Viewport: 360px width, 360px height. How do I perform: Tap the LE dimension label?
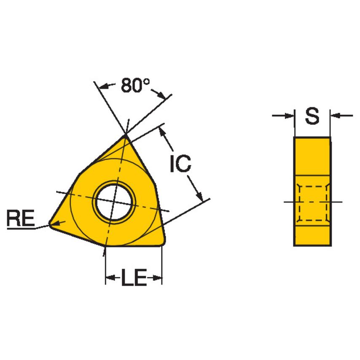click(x=134, y=279)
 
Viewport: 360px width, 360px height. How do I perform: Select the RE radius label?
click(x=20, y=220)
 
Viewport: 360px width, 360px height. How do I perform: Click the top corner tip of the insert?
click(x=125, y=135)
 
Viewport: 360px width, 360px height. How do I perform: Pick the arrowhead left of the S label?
click(x=289, y=115)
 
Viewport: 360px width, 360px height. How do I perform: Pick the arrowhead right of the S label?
click(x=335, y=115)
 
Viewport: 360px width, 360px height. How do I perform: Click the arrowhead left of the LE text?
click(x=110, y=278)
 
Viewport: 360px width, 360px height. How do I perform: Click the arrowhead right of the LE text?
click(x=158, y=278)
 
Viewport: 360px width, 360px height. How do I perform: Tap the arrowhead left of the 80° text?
click(x=104, y=87)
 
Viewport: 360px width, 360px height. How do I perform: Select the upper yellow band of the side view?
click(x=312, y=154)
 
